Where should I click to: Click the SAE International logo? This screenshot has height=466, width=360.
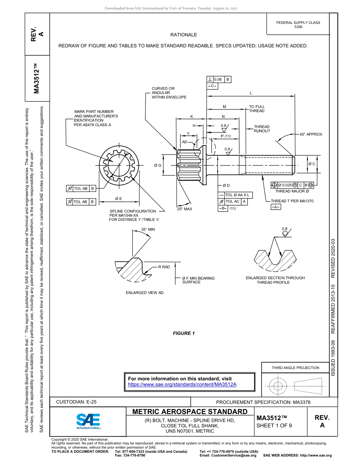tap(88, 421)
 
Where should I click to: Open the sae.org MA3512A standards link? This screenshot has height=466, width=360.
tap(182, 384)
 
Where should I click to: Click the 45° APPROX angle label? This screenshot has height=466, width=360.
tap(311, 134)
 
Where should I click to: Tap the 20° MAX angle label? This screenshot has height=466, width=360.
tap(185, 209)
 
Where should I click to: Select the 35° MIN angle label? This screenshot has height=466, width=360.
tap(148, 229)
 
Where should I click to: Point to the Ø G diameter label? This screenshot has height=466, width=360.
tap(158, 166)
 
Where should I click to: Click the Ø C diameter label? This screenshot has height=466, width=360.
tap(311, 164)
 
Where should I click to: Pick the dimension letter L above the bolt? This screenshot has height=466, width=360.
tap(250, 93)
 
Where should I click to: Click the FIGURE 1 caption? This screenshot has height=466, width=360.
tap(184, 333)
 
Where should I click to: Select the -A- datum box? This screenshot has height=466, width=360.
tap(275, 207)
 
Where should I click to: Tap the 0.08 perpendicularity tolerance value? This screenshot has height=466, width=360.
tap(218, 80)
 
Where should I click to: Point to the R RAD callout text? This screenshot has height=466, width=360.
tap(164, 267)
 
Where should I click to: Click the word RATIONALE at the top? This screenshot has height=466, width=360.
tap(184, 35)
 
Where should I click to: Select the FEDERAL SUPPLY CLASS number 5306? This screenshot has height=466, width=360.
tap(298, 27)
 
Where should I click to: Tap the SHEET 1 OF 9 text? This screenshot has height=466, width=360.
tap(274, 425)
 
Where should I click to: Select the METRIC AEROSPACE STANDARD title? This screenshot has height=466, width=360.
tap(190, 412)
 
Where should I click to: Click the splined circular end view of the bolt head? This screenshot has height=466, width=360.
tap(120, 166)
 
